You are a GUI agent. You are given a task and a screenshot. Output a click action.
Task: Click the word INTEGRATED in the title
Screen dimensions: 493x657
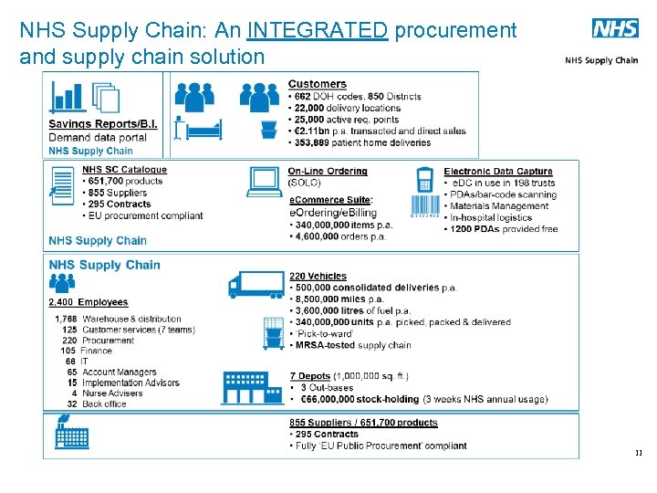318,30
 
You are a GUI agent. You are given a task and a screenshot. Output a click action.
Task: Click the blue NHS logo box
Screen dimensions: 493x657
615,28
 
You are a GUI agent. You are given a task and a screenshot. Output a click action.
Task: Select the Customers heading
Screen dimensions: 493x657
317,84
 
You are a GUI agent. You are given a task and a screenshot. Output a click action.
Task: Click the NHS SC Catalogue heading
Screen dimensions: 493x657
124,170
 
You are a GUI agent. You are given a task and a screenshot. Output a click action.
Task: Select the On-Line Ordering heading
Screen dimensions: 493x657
328,171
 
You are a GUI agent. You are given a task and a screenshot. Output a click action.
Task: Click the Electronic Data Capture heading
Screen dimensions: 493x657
498,171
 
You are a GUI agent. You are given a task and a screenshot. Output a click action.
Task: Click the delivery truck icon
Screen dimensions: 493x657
255,285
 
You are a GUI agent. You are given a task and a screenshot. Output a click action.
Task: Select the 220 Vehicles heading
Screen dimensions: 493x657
318,276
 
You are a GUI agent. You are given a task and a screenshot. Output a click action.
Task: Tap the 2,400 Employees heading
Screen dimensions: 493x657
88,302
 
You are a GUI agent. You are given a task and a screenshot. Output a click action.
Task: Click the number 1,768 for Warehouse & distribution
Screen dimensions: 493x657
66,320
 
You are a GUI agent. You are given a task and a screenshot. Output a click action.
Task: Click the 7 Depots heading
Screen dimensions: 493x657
310,376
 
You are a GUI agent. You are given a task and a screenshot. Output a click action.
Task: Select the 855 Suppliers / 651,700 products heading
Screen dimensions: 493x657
363,423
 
